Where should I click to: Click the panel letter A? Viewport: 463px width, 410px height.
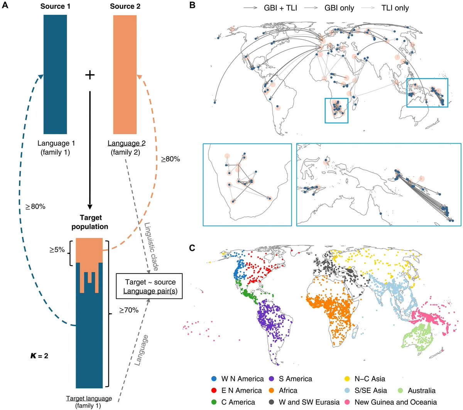click(5, 6)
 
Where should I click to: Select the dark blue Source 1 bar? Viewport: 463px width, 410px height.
click(55, 74)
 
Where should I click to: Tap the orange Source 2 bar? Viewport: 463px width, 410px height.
click(125, 74)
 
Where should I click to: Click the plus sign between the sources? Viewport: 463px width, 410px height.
click(90, 74)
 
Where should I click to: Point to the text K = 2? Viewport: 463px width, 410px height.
click(39, 356)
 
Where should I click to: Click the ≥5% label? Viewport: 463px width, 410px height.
click(57, 250)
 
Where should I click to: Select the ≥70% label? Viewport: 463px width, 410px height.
click(129, 309)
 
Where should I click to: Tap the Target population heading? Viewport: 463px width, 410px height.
click(90, 222)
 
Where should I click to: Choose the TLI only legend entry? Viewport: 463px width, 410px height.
click(394, 8)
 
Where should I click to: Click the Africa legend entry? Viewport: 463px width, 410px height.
click(288, 391)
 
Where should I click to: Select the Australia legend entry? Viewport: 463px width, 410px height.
click(421, 391)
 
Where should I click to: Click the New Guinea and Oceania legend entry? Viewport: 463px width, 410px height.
click(395, 402)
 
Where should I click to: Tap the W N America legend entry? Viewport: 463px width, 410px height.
click(242, 379)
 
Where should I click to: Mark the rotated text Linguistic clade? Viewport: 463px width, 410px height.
click(151, 246)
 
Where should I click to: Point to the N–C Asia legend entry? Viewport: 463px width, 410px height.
click(369, 379)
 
